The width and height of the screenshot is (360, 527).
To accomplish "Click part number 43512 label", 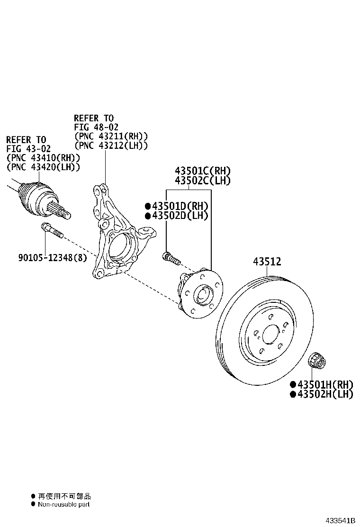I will click(267, 262).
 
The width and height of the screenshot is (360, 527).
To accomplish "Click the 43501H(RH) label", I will click(325, 384).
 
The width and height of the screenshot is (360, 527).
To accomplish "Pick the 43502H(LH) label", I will click(325, 394).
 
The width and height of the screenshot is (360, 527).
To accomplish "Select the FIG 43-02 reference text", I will click(26, 149).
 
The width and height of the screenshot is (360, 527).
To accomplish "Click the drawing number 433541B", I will click(340, 521).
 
